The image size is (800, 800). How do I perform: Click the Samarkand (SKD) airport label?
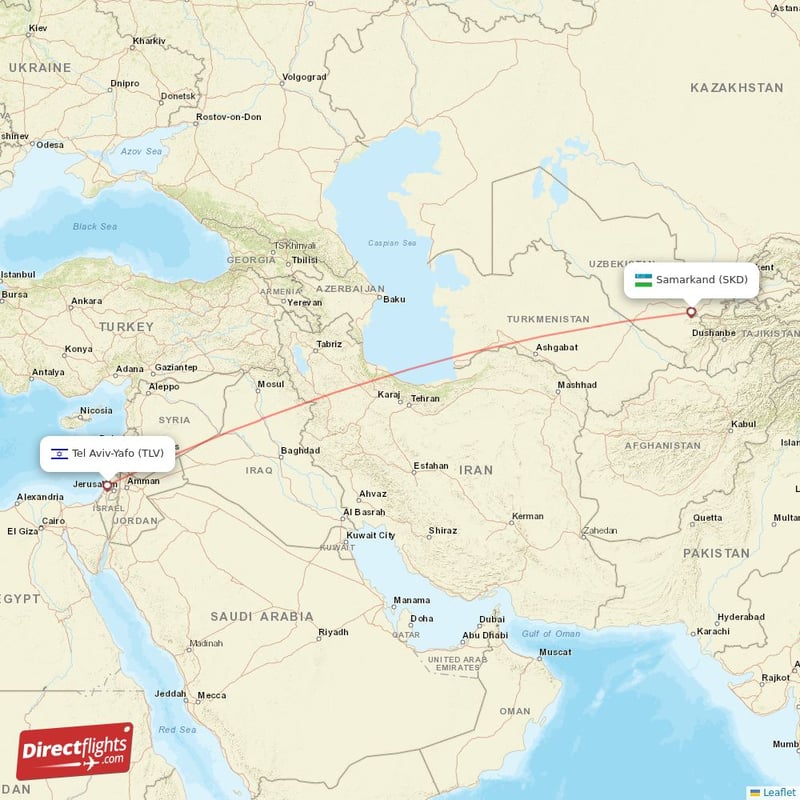tap(701, 280)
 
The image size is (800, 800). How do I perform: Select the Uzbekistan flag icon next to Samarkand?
tap(643, 280)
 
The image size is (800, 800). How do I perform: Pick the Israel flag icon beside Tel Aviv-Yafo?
tap(60, 453)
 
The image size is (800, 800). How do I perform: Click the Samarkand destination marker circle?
tap(691, 312)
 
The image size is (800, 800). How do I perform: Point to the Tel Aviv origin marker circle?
tap(107, 486)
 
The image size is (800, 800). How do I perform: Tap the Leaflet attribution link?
tap(779, 792)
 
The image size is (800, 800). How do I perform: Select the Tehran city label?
tap(425, 398)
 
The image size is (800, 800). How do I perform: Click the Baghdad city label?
tap(300, 450)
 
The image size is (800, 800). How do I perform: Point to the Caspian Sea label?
tap(391, 243)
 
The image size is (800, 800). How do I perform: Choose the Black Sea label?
tap(95, 227)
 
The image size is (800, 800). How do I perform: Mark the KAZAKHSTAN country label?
tap(736, 88)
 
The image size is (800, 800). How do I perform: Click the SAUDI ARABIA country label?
tap(262, 617)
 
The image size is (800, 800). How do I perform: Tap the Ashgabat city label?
tap(557, 347)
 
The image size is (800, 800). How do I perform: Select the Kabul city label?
tap(743, 424)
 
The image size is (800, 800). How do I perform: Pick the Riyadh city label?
tap(333, 632)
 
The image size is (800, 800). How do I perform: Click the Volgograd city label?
tap(304, 77)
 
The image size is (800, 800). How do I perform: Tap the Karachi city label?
tap(714, 631)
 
